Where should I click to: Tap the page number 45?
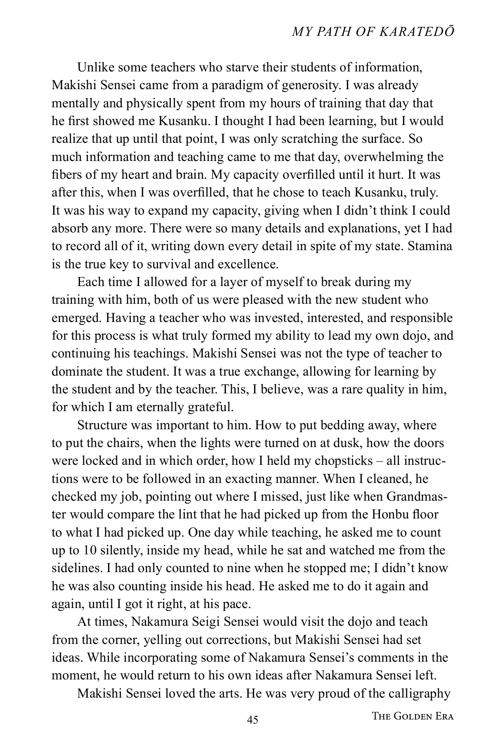pos(252,720)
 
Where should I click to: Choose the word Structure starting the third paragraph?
pos(102,425)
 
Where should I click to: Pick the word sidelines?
pos(77,568)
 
